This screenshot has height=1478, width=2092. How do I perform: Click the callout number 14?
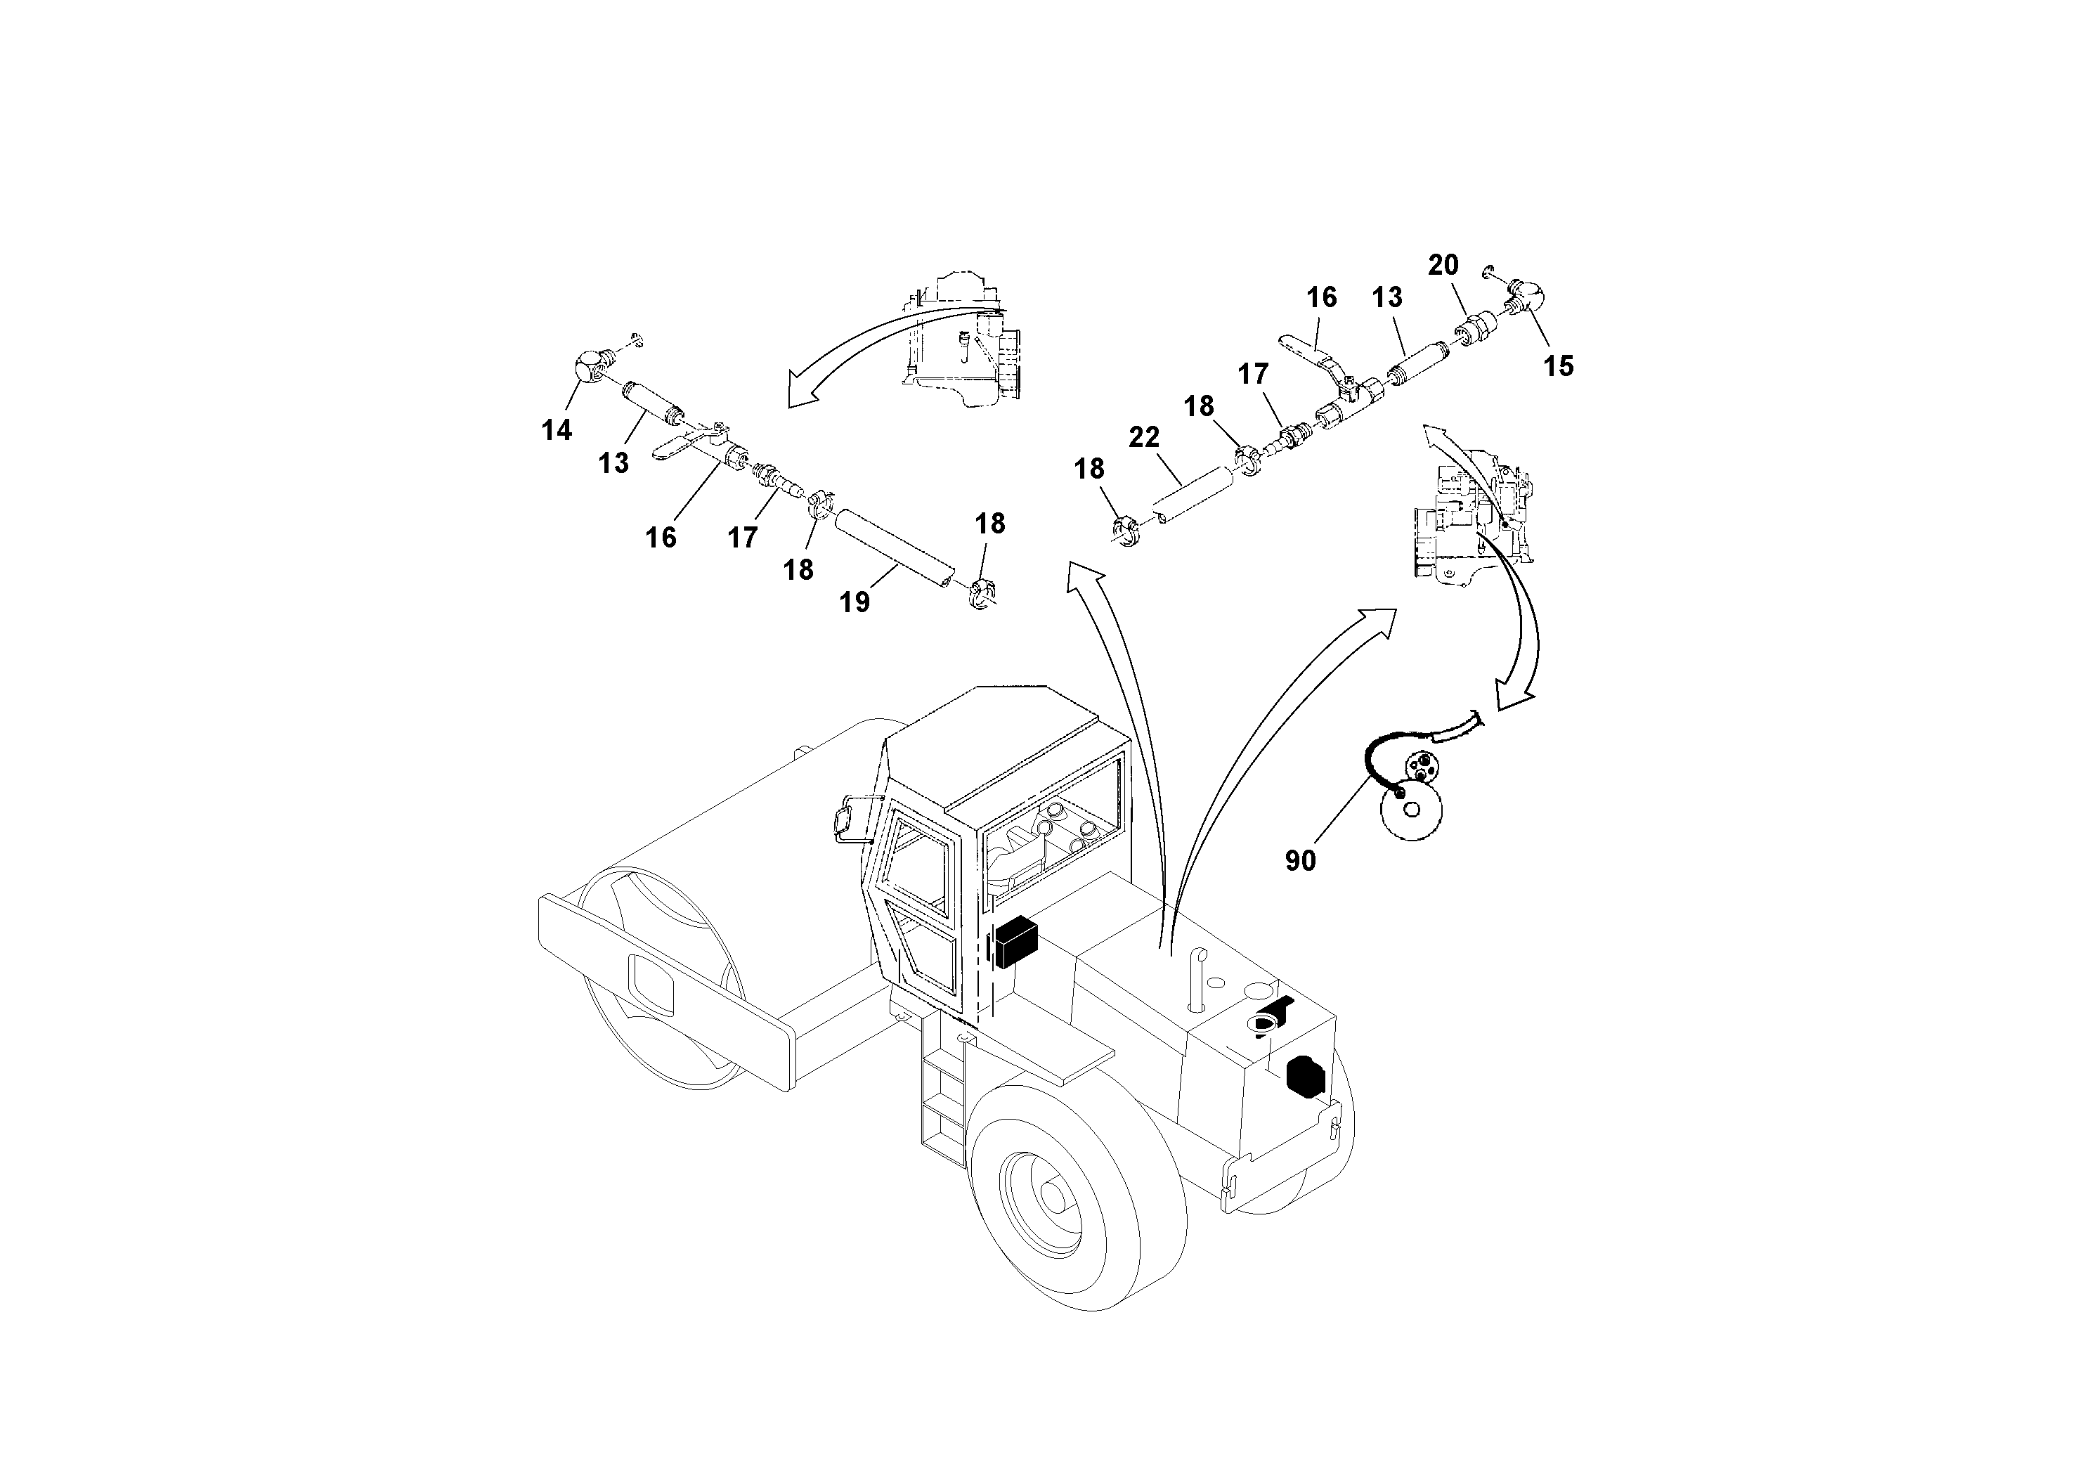(557, 429)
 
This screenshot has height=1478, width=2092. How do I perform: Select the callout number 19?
(855, 602)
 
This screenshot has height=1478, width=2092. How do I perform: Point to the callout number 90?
(1300, 860)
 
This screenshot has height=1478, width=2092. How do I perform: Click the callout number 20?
(1443, 265)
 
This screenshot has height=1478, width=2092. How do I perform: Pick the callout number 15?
(1558, 366)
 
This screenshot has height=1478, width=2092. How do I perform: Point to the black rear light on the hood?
(1305, 1075)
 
